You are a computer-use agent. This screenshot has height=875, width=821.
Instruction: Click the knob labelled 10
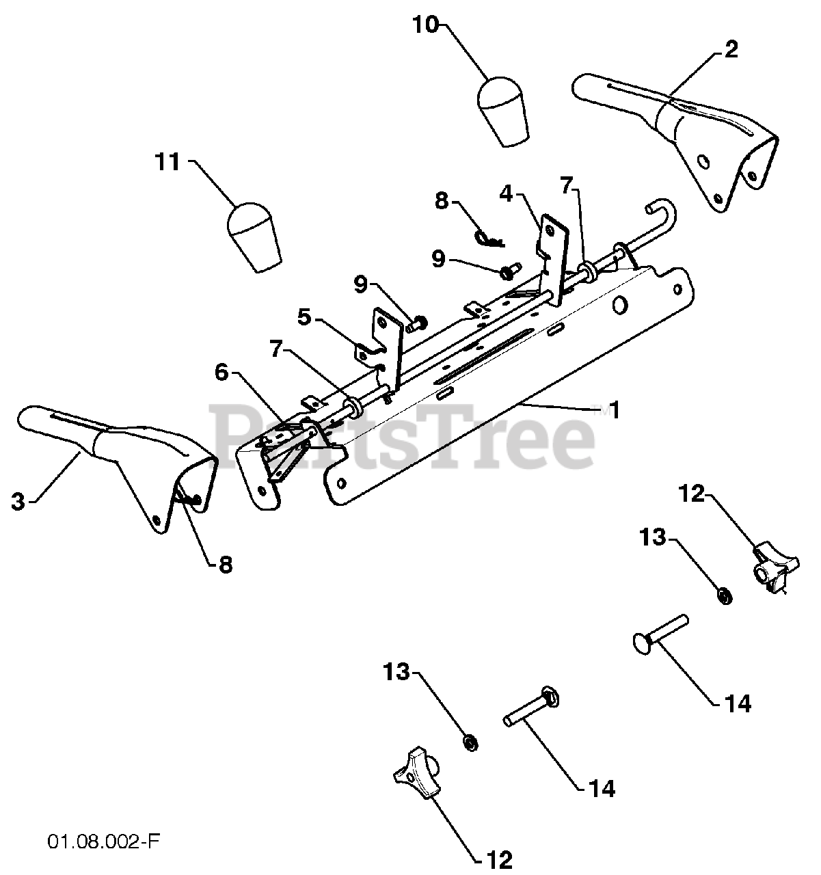point(504,112)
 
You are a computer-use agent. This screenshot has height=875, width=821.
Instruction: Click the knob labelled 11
point(253,236)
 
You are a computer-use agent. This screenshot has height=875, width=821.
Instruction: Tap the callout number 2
point(731,49)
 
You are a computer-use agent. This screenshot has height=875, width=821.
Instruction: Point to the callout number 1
point(614,410)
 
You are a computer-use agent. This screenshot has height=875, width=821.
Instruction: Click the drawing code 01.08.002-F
point(104,840)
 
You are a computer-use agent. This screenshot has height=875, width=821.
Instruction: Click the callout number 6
point(221,373)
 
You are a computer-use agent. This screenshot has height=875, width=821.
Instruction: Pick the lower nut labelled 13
point(470,742)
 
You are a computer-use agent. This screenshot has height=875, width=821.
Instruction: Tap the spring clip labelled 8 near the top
point(488,239)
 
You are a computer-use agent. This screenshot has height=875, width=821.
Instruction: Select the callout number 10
point(426,26)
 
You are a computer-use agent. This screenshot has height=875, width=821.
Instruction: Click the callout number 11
point(167,163)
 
